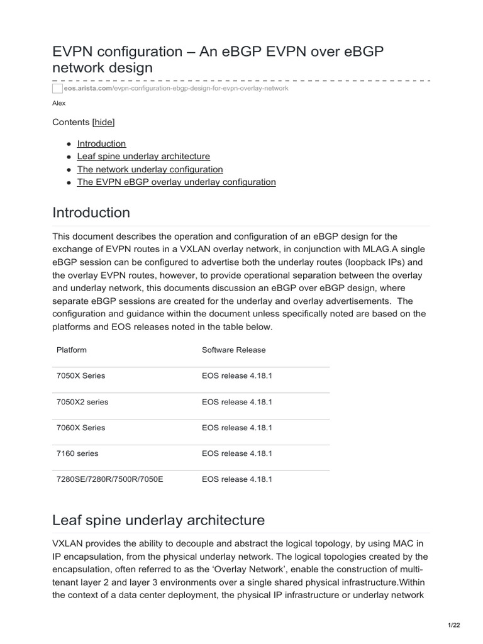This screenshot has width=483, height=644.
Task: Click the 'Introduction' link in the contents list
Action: (x=101, y=143)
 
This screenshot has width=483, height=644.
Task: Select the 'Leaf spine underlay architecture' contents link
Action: (x=143, y=156)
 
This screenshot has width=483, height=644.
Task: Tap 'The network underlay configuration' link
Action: (x=150, y=169)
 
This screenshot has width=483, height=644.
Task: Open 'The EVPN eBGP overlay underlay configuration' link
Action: (x=176, y=182)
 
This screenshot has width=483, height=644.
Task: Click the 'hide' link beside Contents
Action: (x=104, y=122)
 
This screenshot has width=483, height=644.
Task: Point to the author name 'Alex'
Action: (x=58, y=103)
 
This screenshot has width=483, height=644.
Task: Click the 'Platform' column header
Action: (x=72, y=350)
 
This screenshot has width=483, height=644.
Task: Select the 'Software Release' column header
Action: (x=233, y=350)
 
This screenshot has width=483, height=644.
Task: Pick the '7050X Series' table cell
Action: (x=81, y=375)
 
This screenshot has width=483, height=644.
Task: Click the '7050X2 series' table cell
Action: (x=82, y=401)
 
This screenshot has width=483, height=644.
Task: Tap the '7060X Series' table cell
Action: (x=81, y=428)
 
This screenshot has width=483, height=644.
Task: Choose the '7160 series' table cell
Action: (x=77, y=453)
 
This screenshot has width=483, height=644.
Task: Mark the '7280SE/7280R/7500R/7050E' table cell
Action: (x=109, y=479)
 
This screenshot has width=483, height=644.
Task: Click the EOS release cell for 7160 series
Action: (x=237, y=453)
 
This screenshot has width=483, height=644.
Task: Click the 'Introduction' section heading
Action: (x=91, y=213)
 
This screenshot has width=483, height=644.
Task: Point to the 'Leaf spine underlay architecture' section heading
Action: (x=158, y=520)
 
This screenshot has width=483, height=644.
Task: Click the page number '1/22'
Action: (x=454, y=624)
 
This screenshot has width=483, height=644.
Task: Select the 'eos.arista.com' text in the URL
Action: (x=89, y=89)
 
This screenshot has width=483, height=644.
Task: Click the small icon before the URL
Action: (x=57, y=89)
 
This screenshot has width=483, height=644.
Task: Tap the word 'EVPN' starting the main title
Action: (x=72, y=52)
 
